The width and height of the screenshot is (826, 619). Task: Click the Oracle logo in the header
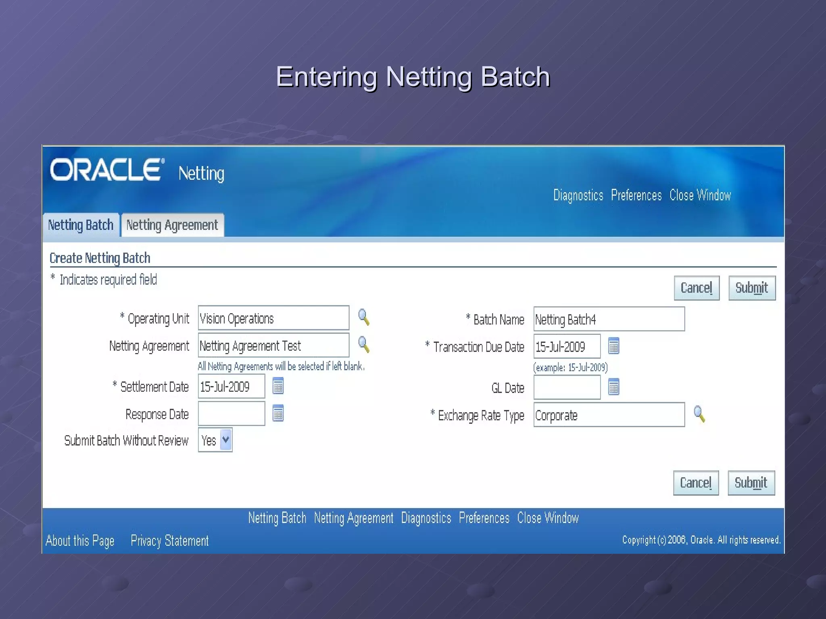(107, 170)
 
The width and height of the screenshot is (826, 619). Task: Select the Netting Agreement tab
(172, 225)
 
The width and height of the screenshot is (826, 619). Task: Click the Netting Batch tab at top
(81, 225)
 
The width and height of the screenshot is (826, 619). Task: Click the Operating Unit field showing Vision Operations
(273, 318)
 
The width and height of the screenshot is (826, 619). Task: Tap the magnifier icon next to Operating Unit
(363, 317)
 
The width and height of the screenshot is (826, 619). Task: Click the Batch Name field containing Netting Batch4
(609, 319)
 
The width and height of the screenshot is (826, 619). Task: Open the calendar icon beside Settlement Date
(278, 386)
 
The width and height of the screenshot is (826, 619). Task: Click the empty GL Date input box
(567, 388)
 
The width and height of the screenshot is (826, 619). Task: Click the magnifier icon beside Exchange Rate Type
(699, 414)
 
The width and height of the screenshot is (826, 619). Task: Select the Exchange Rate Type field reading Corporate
(609, 415)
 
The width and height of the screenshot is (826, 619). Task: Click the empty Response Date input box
(231, 413)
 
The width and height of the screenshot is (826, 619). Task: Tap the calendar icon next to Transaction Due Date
(613, 346)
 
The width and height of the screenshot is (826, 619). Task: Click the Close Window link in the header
(700, 195)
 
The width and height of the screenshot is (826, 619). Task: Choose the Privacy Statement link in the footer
(169, 540)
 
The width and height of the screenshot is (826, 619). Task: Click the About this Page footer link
(80, 540)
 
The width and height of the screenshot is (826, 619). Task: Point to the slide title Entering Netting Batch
(413, 77)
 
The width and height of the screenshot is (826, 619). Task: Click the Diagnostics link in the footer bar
(426, 518)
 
